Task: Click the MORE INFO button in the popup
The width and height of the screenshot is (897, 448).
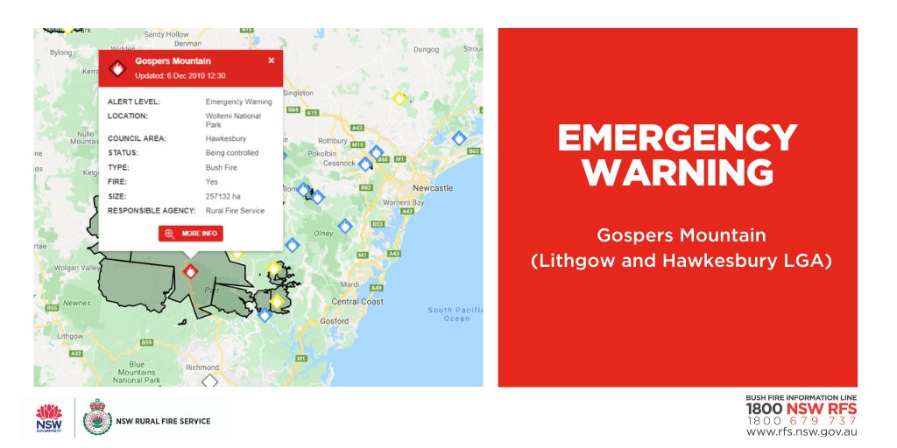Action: (x=191, y=234)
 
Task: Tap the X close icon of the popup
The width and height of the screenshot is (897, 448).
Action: (x=271, y=60)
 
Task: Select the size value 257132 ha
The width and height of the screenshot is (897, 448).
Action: (x=224, y=196)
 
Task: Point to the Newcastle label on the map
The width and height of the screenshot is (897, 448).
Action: (x=433, y=188)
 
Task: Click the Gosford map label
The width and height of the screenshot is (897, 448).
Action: (x=333, y=321)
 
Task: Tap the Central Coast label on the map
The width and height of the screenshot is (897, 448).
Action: (x=357, y=302)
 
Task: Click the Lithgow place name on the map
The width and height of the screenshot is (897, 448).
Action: (x=70, y=336)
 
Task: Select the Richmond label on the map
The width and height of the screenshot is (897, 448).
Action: (x=202, y=367)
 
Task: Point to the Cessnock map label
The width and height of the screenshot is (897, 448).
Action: (x=339, y=163)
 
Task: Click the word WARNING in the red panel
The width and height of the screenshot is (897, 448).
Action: (x=677, y=172)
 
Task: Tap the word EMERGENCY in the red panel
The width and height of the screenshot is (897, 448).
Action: (x=677, y=138)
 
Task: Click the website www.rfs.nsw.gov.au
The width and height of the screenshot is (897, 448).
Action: (x=801, y=431)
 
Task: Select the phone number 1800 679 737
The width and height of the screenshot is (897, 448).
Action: (x=801, y=421)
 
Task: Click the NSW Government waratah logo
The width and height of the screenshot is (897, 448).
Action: (x=50, y=417)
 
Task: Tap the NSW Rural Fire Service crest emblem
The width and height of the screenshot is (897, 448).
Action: (x=96, y=417)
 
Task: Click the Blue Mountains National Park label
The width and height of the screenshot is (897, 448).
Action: (x=137, y=372)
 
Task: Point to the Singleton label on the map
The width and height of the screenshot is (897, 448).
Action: (x=298, y=93)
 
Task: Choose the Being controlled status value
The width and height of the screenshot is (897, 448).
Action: (x=232, y=153)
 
